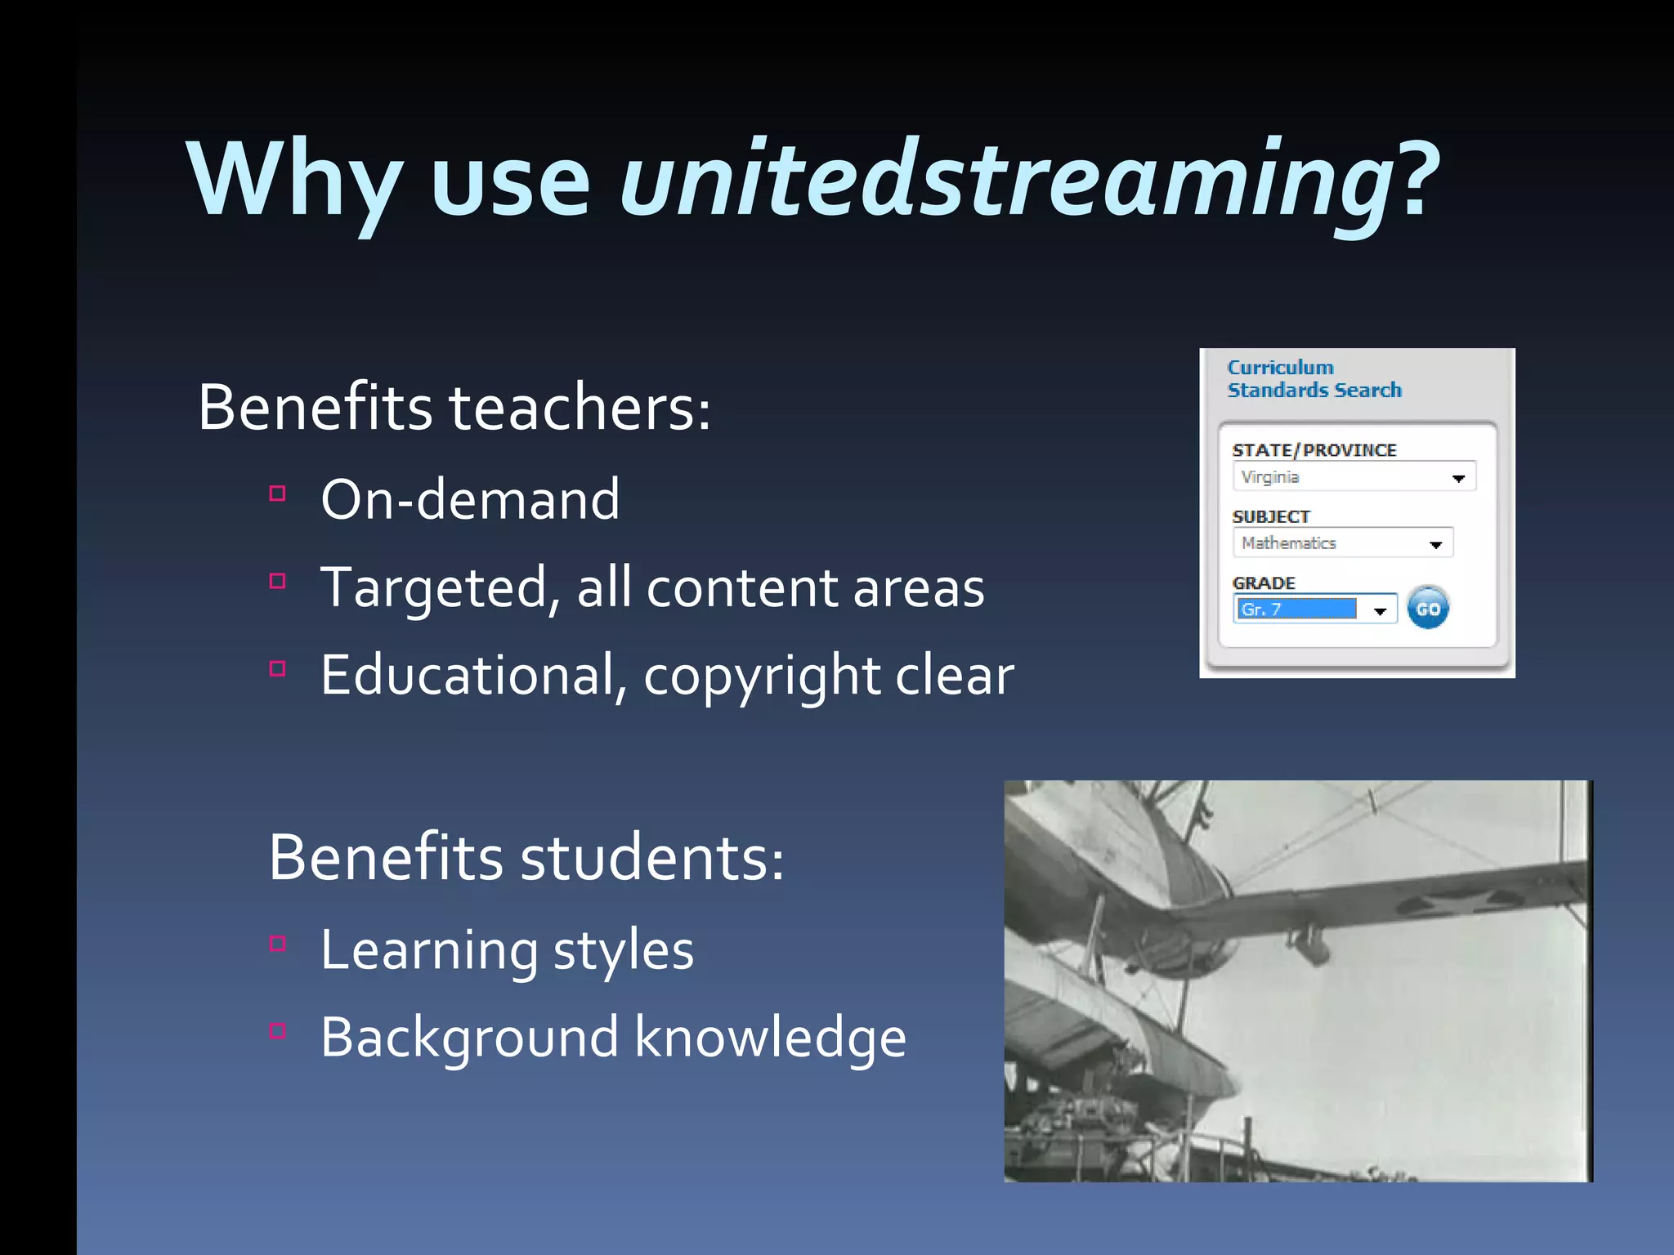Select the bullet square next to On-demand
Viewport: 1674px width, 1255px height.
point(278,494)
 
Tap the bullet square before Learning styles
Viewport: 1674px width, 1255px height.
point(278,944)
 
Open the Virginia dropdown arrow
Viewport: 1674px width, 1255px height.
point(1458,478)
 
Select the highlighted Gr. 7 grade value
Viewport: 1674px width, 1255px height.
point(1296,610)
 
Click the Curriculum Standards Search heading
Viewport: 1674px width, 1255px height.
point(1314,379)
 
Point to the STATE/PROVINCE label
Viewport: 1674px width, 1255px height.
point(1314,450)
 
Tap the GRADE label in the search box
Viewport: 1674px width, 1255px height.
point(1264,583)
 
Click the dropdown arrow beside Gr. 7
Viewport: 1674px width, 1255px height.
point(1381,610)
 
